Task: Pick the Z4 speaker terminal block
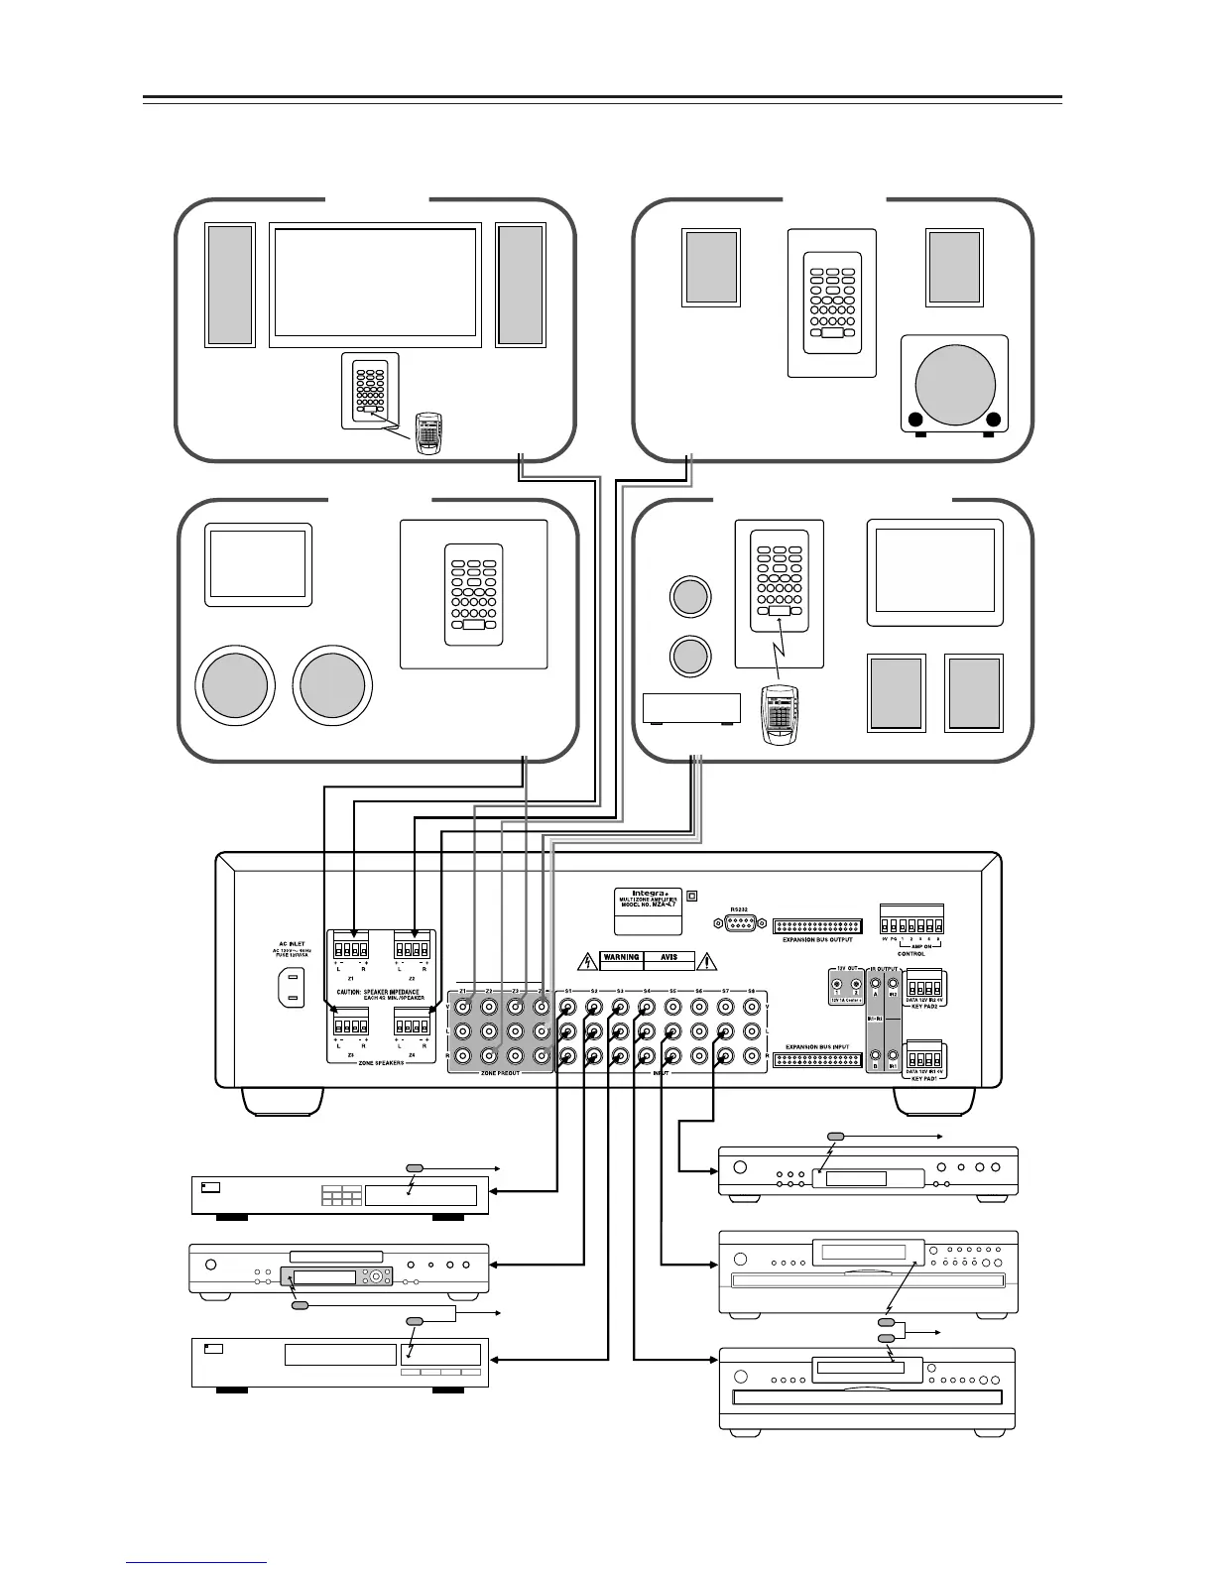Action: point(412,1023)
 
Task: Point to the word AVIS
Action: point(669,959)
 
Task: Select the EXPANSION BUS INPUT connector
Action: point(817,1059)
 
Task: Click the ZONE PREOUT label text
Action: point(500,1073)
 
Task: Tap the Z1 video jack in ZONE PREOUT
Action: point(462,1008)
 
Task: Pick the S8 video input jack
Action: point(751,1008)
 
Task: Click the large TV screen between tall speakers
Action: point(374,286)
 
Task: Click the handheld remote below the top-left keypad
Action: point(428,434)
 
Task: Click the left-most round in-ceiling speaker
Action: point(235,683)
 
